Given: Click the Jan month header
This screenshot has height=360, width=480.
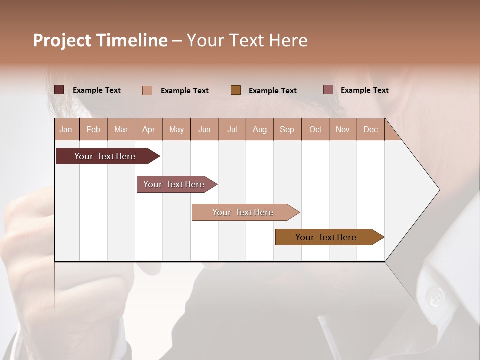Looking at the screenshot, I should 66,129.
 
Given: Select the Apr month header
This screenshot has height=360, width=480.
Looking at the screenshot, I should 149,129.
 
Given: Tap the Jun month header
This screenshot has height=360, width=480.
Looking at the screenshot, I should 204,129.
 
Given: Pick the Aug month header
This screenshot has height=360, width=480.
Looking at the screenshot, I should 260,129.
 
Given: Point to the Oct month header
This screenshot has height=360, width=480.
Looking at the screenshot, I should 315,129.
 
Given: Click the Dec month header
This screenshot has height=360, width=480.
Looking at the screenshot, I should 370,129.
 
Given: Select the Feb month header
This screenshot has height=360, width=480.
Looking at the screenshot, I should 93,129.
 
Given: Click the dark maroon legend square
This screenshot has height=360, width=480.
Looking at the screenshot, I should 59,90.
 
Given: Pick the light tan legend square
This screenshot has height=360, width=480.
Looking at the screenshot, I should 147,90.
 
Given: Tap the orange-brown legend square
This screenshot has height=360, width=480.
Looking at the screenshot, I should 236,90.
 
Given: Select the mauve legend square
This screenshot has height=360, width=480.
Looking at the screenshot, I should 328,90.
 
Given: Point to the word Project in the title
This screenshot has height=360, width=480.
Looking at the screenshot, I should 62,40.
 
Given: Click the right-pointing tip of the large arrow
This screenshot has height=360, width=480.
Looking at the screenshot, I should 438,190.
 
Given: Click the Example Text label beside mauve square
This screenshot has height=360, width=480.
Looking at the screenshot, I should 364,90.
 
